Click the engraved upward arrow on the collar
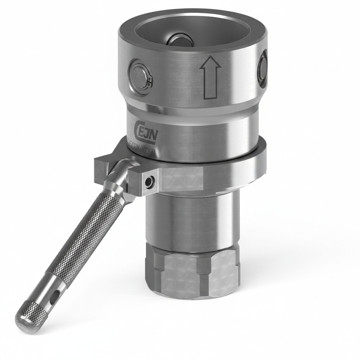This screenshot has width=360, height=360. (210, 78)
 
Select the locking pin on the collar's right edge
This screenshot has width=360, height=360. (263, 68)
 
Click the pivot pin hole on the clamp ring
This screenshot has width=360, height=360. (149, 181)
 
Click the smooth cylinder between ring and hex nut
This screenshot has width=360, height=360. (192, 218)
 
